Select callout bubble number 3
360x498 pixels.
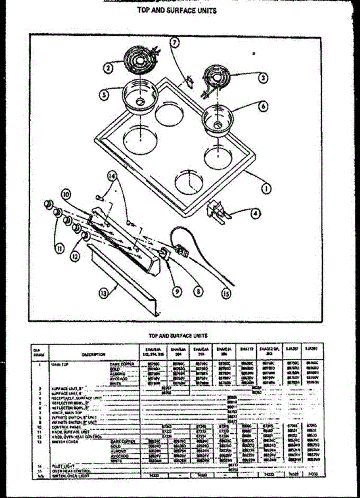click(x=262, y=78)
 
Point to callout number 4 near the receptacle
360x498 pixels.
click(x=256, y=214)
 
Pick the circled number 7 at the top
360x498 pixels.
click(x=175, y=42)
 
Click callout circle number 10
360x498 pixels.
click(x=65, y=194)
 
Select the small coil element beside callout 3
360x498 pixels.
click(x=216, y=80)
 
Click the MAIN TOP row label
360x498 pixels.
click(x=59, y=364)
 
